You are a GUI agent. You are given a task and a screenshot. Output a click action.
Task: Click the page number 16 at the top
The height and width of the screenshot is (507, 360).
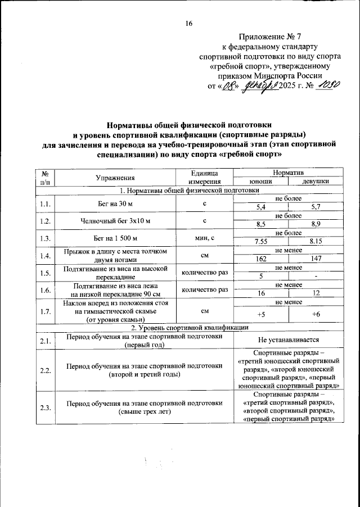[189, 24]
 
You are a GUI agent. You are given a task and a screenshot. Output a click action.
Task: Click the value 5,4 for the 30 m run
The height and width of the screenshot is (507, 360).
[261, 207]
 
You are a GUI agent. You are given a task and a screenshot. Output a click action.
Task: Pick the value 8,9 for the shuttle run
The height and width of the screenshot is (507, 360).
[316, 223]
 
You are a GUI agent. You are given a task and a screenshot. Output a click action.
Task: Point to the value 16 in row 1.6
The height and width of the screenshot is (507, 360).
[261, 293]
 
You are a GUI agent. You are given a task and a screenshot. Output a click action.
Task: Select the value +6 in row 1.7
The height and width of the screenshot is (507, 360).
[316, 314]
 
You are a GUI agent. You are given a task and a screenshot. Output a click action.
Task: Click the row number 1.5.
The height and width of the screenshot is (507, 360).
[46, 273]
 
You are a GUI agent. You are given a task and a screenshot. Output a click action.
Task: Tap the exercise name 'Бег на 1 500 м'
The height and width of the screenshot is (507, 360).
[115, 237]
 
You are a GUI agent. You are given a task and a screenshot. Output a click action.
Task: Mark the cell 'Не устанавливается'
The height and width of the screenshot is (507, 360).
[289, 340]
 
